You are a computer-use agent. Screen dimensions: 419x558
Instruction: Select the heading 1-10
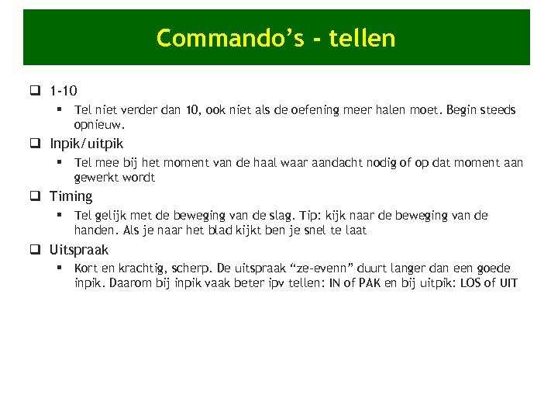63,91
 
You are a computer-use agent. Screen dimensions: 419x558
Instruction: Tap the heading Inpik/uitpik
86,144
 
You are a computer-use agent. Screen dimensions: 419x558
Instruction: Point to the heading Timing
71,196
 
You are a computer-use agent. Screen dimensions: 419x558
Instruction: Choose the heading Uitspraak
79,250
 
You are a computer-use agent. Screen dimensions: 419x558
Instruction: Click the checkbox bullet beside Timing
36,196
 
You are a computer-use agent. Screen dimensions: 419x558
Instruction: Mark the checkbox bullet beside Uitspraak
36,250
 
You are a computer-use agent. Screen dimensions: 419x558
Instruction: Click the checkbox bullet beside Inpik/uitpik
36,144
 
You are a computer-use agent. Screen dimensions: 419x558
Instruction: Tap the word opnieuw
98,124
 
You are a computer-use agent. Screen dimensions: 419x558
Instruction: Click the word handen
97,230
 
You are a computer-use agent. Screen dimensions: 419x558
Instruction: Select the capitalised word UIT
508,282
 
